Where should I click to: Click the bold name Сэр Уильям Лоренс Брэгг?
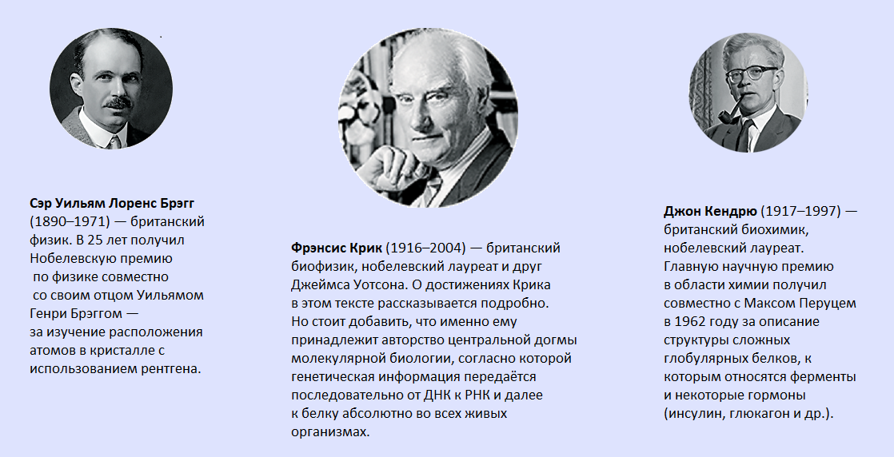tap(112, 204)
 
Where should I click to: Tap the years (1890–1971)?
tap(70, 221)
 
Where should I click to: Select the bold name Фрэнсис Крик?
tap(337, 248)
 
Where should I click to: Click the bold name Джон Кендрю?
tap(710, 212)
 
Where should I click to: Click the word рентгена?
tap(174, 368)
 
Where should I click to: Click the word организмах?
tap(330, 431)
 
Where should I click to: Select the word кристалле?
tap(126, 351)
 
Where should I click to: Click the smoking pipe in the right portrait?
tap(729, 112)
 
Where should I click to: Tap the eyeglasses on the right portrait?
tap(752, 74)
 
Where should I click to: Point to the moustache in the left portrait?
tap(118, 102)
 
